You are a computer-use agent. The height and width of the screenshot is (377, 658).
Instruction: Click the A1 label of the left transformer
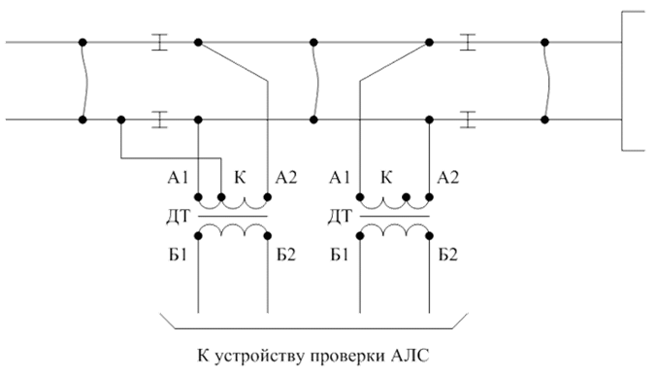click(x=178, y=178)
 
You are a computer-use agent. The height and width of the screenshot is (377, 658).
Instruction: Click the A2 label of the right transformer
click(x=447, y=178)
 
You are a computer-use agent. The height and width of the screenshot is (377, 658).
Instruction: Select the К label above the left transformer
click(x=240, y=178)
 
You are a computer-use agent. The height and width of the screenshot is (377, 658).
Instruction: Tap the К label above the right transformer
click(x=386, y=178)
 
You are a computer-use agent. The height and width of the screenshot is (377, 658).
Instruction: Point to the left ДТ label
click(x=179, y=217)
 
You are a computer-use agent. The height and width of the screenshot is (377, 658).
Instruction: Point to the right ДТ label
click(x=340, y=217)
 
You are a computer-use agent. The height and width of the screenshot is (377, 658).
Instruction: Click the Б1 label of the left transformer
click(x=178, y=255)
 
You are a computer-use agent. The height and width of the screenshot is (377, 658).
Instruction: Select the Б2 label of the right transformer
click(x=448, y=255)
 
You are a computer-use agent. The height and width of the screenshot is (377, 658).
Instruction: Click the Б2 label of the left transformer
click(x=285, y=255)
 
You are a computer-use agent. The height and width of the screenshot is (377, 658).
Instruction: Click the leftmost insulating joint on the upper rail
click(x=159, y=42)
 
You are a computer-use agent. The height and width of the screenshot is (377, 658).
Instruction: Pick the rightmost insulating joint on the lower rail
click(x=468, y=120)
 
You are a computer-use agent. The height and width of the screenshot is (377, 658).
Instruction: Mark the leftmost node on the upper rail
click(x=82, y=42)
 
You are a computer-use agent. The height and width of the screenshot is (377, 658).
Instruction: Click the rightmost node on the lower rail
click(x=544, y=120)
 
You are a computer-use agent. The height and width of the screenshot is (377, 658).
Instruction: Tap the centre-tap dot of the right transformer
click(x=406, y=196)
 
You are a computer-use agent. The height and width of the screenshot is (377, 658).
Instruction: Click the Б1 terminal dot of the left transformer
click(x=199, y=236)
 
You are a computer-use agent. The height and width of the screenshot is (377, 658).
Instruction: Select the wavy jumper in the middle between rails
click(x=315, y=81)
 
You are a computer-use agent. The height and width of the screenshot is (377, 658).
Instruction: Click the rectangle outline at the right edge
click(x=622, y=81)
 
